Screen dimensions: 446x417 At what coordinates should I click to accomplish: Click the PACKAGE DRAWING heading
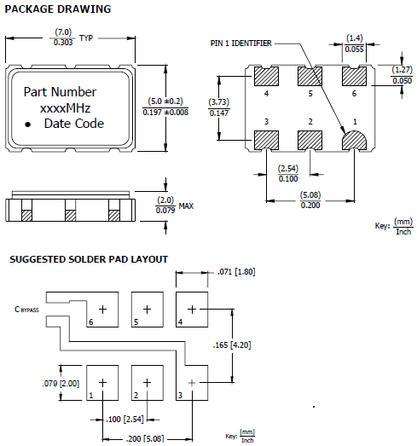[58, 9]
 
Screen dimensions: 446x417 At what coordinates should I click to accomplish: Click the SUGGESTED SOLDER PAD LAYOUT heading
[89, 259]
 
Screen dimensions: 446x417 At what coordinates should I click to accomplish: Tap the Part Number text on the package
[60, 92]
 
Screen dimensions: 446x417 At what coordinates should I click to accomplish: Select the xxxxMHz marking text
[66, 108]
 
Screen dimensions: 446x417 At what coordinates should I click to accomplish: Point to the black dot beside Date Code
[27, 125]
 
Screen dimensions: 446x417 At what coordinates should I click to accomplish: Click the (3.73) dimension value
[218, 102]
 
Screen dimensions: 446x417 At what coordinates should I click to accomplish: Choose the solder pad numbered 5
[147, 309]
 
